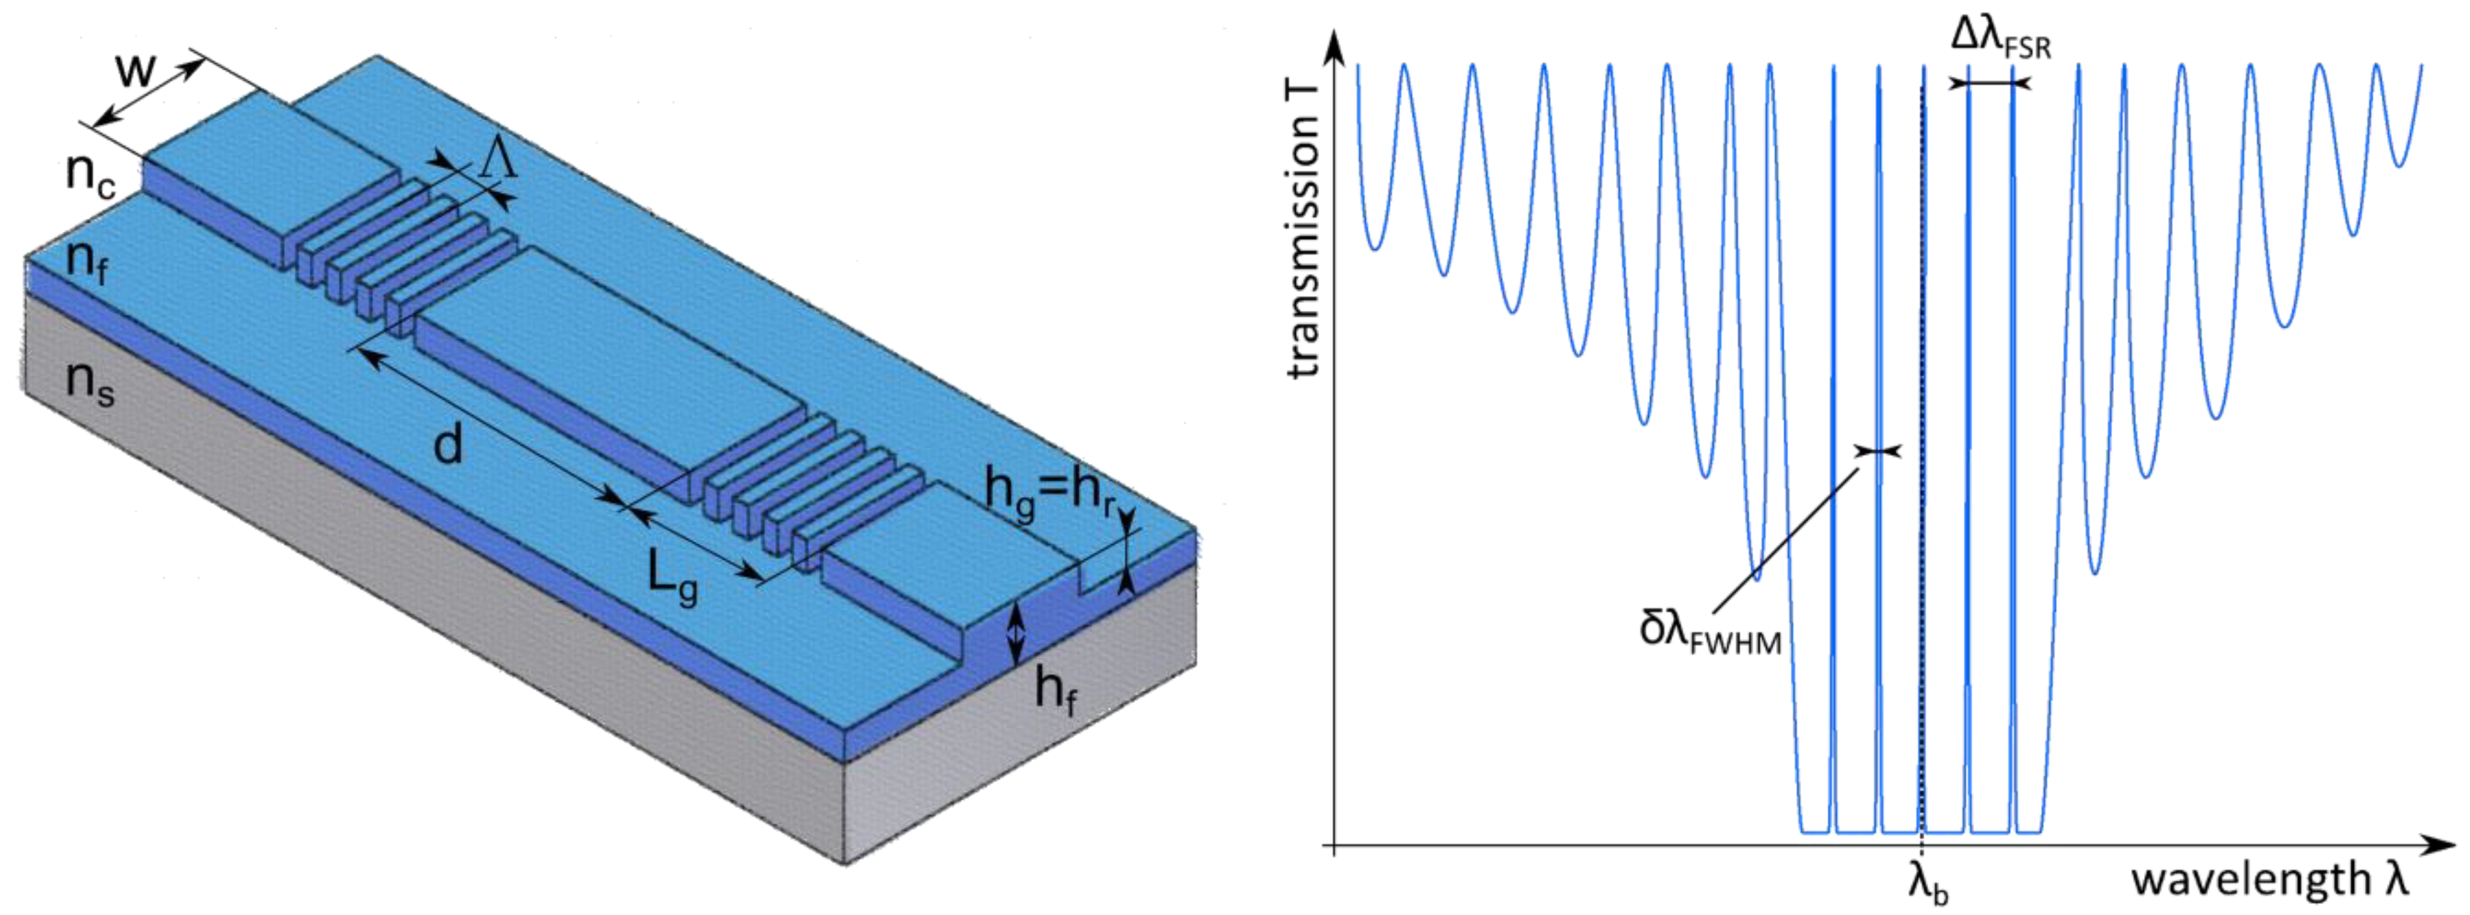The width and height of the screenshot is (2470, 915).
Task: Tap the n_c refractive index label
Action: (x=91, y=176)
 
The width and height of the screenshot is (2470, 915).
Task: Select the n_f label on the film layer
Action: (x=86, y=262)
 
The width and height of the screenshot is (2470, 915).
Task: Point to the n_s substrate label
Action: (x=90, y=384)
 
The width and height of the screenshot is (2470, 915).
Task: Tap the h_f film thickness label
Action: (x=1055, y=691)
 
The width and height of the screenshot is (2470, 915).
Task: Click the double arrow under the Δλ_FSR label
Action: (x=1991, y=84)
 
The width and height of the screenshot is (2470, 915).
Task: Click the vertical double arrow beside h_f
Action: (x=1017, y=634)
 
